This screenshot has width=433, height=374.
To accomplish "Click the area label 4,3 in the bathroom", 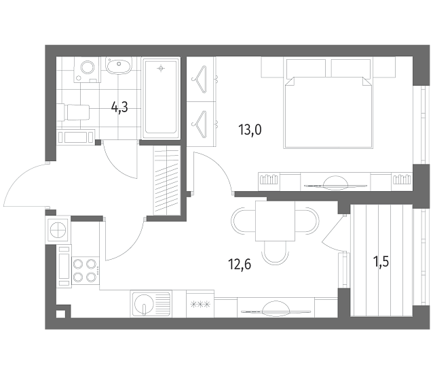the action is click(119, 107).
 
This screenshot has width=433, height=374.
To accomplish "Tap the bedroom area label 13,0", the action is click(250, 130).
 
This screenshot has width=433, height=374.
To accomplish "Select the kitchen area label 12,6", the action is click(240, 264).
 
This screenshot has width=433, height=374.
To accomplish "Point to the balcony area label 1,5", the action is click(381, 261).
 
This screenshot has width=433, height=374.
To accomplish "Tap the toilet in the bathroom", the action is click(73, 112).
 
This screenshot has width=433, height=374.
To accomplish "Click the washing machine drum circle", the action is click(88, 67).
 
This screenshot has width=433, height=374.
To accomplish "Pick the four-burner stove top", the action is click(86, 270).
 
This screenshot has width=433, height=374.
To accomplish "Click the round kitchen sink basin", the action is click(144, 304).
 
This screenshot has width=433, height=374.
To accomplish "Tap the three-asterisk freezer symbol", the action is click(200, 305).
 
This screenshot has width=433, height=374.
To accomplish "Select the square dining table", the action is click(275, 221).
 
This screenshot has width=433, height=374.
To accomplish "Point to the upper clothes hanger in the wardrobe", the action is click(200, 80).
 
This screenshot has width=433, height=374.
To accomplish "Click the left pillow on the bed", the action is click(306, 68).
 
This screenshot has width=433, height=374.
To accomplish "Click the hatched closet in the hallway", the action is click(167, 180).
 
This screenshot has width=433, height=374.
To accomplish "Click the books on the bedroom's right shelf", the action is click(402, 179).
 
